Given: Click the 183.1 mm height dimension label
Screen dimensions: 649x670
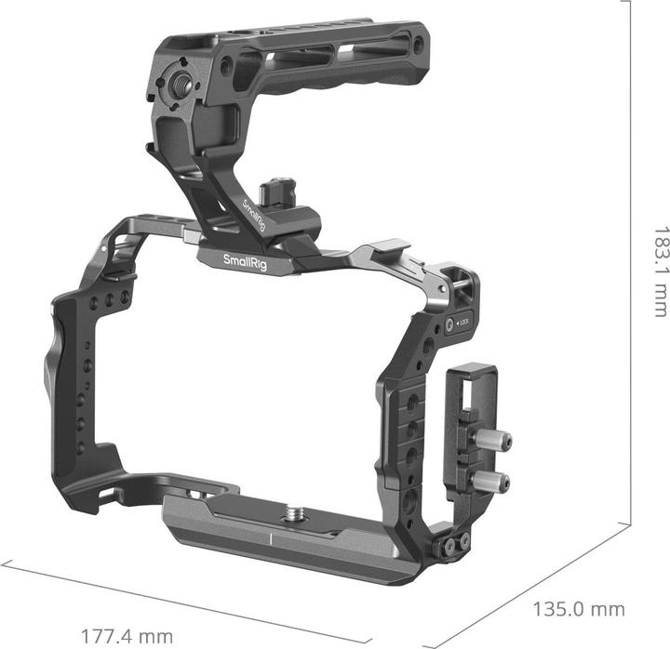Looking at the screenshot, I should click(660, 271).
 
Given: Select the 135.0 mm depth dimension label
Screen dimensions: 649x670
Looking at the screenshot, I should click(577, 611).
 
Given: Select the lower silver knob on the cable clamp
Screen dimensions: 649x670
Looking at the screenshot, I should click(494, 482).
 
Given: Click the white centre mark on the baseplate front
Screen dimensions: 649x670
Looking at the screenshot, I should click(271, 539).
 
